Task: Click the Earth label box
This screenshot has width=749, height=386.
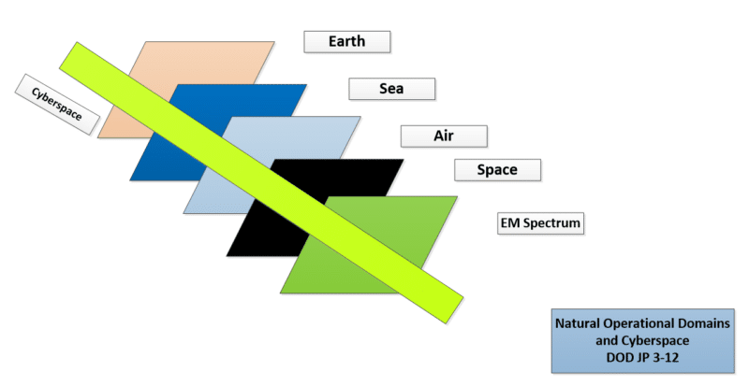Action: [x=347, y=41]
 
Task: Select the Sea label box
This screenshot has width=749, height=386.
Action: [x=391, y=89]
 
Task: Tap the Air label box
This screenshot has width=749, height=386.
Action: [x=444, y=136]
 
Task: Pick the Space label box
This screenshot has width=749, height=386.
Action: [x=497, y=170]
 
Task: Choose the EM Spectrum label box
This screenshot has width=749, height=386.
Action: [x=540, y=223]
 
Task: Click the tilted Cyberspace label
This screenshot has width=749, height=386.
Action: [x=57, y=104]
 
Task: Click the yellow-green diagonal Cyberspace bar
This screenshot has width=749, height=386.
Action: [x=261, y=183]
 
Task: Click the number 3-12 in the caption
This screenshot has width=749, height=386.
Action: [x=666, y=357]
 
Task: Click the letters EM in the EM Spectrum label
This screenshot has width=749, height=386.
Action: [x=510, y=222]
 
